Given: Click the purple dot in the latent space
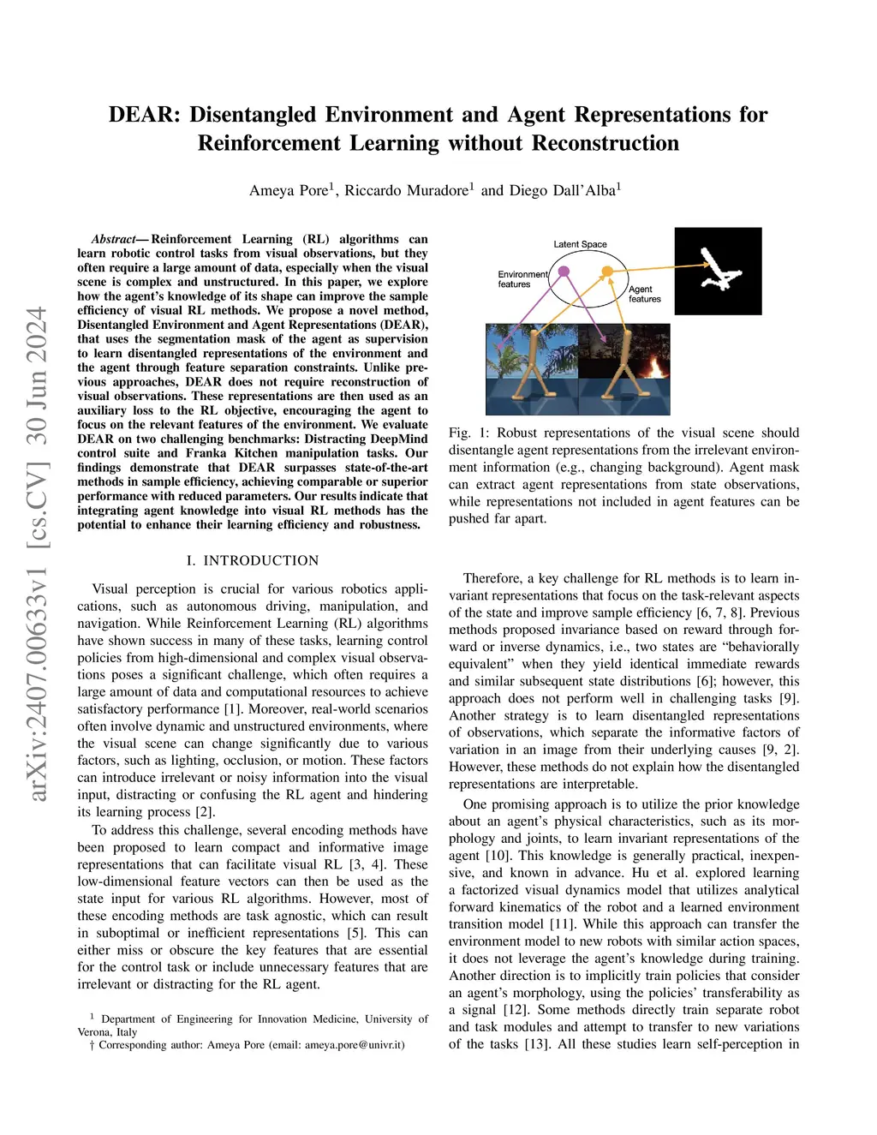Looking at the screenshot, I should [564, 272].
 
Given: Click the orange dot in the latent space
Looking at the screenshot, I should [607, 272].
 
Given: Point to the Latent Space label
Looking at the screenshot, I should [580, 244].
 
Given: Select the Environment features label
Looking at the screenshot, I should [522, 279].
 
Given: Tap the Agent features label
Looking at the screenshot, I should [644, 294].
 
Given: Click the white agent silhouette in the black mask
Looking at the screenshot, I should [718, 271].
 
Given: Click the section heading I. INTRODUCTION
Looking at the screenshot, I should [252, 560].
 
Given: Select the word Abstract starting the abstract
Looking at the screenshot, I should [114, 239].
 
